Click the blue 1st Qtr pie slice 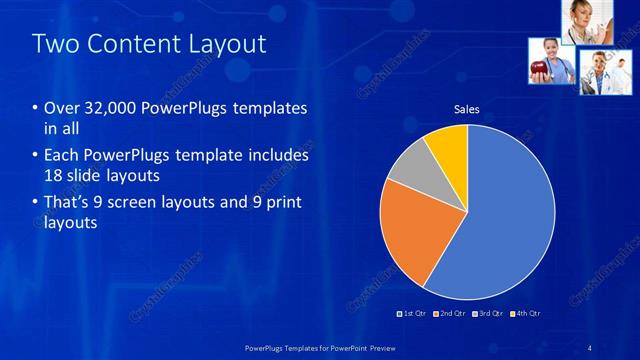point(510,220)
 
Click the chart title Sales point(466,108)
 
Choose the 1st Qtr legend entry point(412,314)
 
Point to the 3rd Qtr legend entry point(488,314)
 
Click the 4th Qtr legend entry point(526,314)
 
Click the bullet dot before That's point(36,203)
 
